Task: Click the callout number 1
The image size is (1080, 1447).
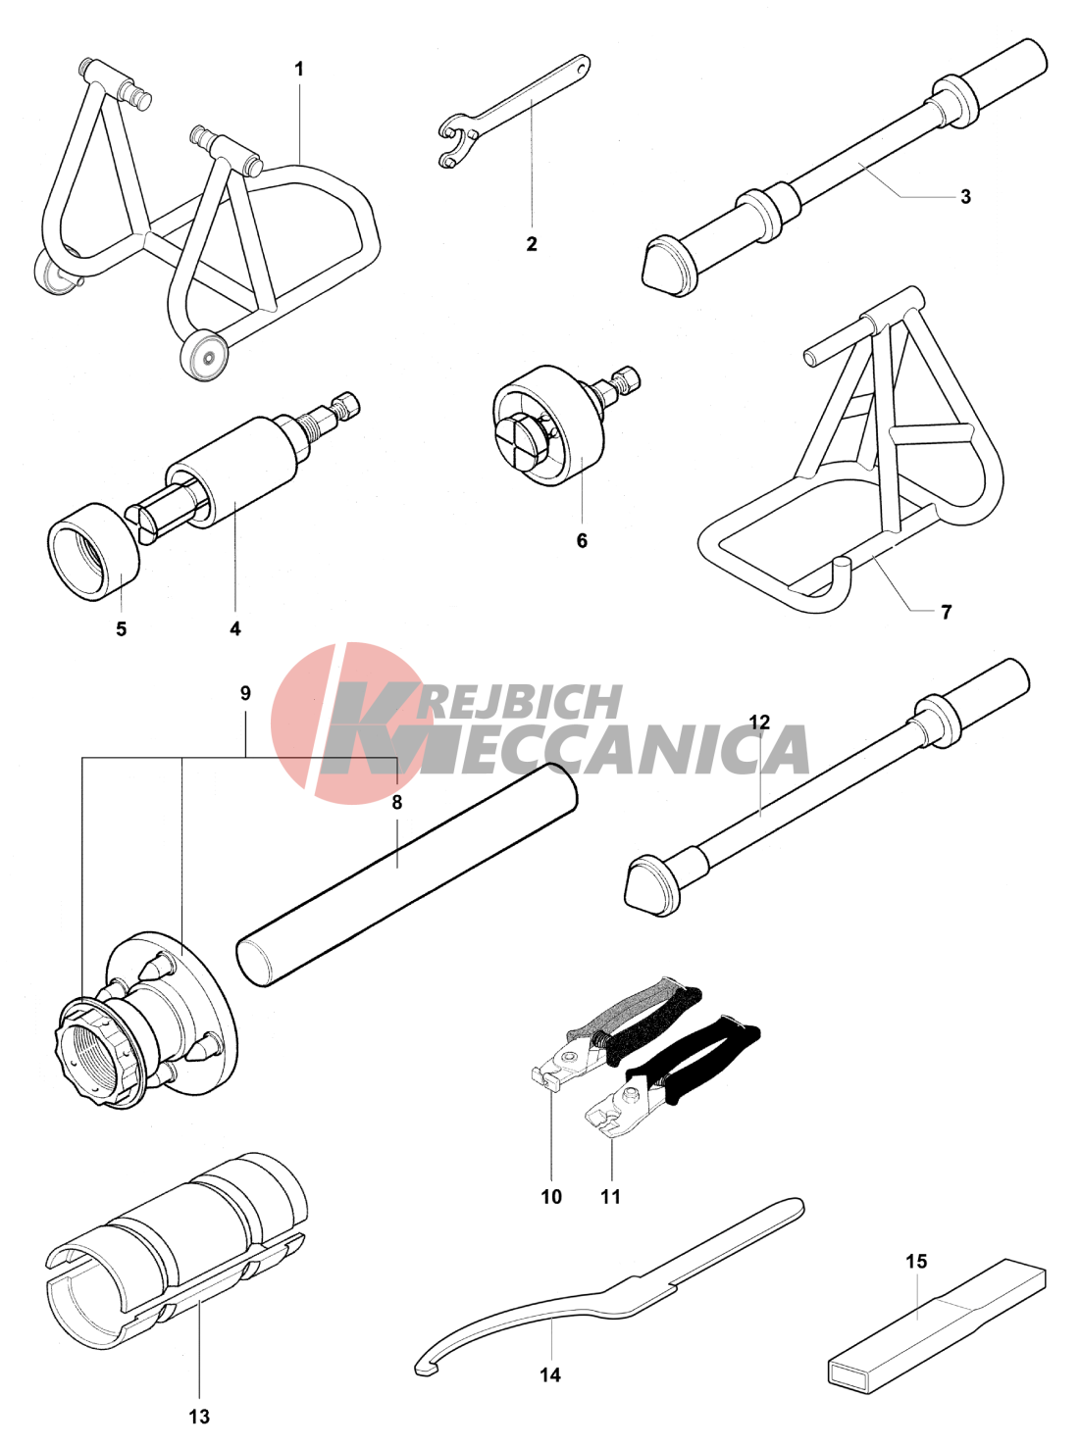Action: (x=299, y=70)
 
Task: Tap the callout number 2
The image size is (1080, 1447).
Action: (x=532, y=244)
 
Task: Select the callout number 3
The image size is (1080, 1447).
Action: (x=965, y=196)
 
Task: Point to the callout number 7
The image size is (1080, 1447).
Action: (x=947, y=613)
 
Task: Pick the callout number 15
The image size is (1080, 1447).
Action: (x=916, y=1262)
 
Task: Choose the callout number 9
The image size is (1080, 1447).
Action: (x=245, y=693)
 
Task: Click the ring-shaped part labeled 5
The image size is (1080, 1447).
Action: (x=95, y=551)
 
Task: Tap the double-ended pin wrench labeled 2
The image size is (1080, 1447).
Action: (x=514, y=111)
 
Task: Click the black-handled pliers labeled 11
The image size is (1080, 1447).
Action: (x=669, y=1078)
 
